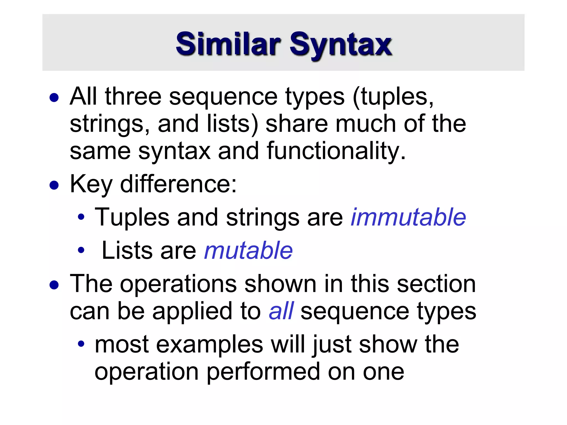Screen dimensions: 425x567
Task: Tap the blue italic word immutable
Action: pos(408,217)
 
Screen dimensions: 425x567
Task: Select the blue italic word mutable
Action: pos(248,250)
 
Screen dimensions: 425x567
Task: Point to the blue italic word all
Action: pos(281,311)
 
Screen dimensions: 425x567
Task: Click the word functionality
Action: pos(336,151)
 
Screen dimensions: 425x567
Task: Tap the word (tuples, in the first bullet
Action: pos(393,97)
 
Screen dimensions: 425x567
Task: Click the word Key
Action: pos(91,185)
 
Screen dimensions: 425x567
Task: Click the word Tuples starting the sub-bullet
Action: pos(132,217)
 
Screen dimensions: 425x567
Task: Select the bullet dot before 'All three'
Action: pos(54,98)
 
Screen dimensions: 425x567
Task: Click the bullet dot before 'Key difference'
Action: pos(54,185)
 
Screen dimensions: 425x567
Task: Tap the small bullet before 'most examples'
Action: pos(81,344)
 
